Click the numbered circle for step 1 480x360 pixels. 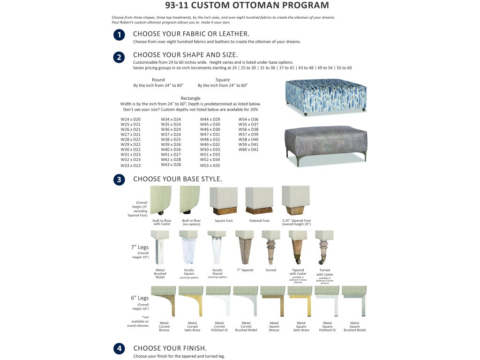(119, 35)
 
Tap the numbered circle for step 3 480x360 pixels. (119, 180)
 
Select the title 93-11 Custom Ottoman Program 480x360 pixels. (247, 6)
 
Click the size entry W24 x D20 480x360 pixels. (131, 120)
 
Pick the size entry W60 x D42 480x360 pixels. (248, 150)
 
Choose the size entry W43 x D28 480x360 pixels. (171, 165)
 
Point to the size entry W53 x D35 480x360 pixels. (210, 165)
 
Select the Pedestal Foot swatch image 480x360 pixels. (259, 201)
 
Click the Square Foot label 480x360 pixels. (223, 221)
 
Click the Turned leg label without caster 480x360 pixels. (271, 270)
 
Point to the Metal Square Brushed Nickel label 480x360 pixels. (354, 326)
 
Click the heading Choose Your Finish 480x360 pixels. (170, 348)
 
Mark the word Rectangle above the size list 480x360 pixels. (190, 98)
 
